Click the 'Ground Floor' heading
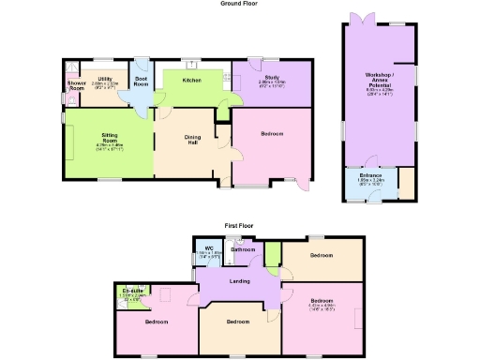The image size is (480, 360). pyautogui.click(x=239, y=4)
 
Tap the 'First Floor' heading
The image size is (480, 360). pyautogui.click(x=239, y=225)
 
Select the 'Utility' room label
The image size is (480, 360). pyautogui.click(x=105, y=79)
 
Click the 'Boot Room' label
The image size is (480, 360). pyautogui.click(x=142, y=82)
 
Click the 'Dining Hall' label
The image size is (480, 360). pyautogui.click(x=191, y=139)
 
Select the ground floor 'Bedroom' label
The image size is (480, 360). pyautogui.click(x=273, y=134)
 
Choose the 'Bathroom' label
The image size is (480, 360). pyautogui.click(x=244, y=250)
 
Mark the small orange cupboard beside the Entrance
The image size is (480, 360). pyautogui.click(x=408, y=182)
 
